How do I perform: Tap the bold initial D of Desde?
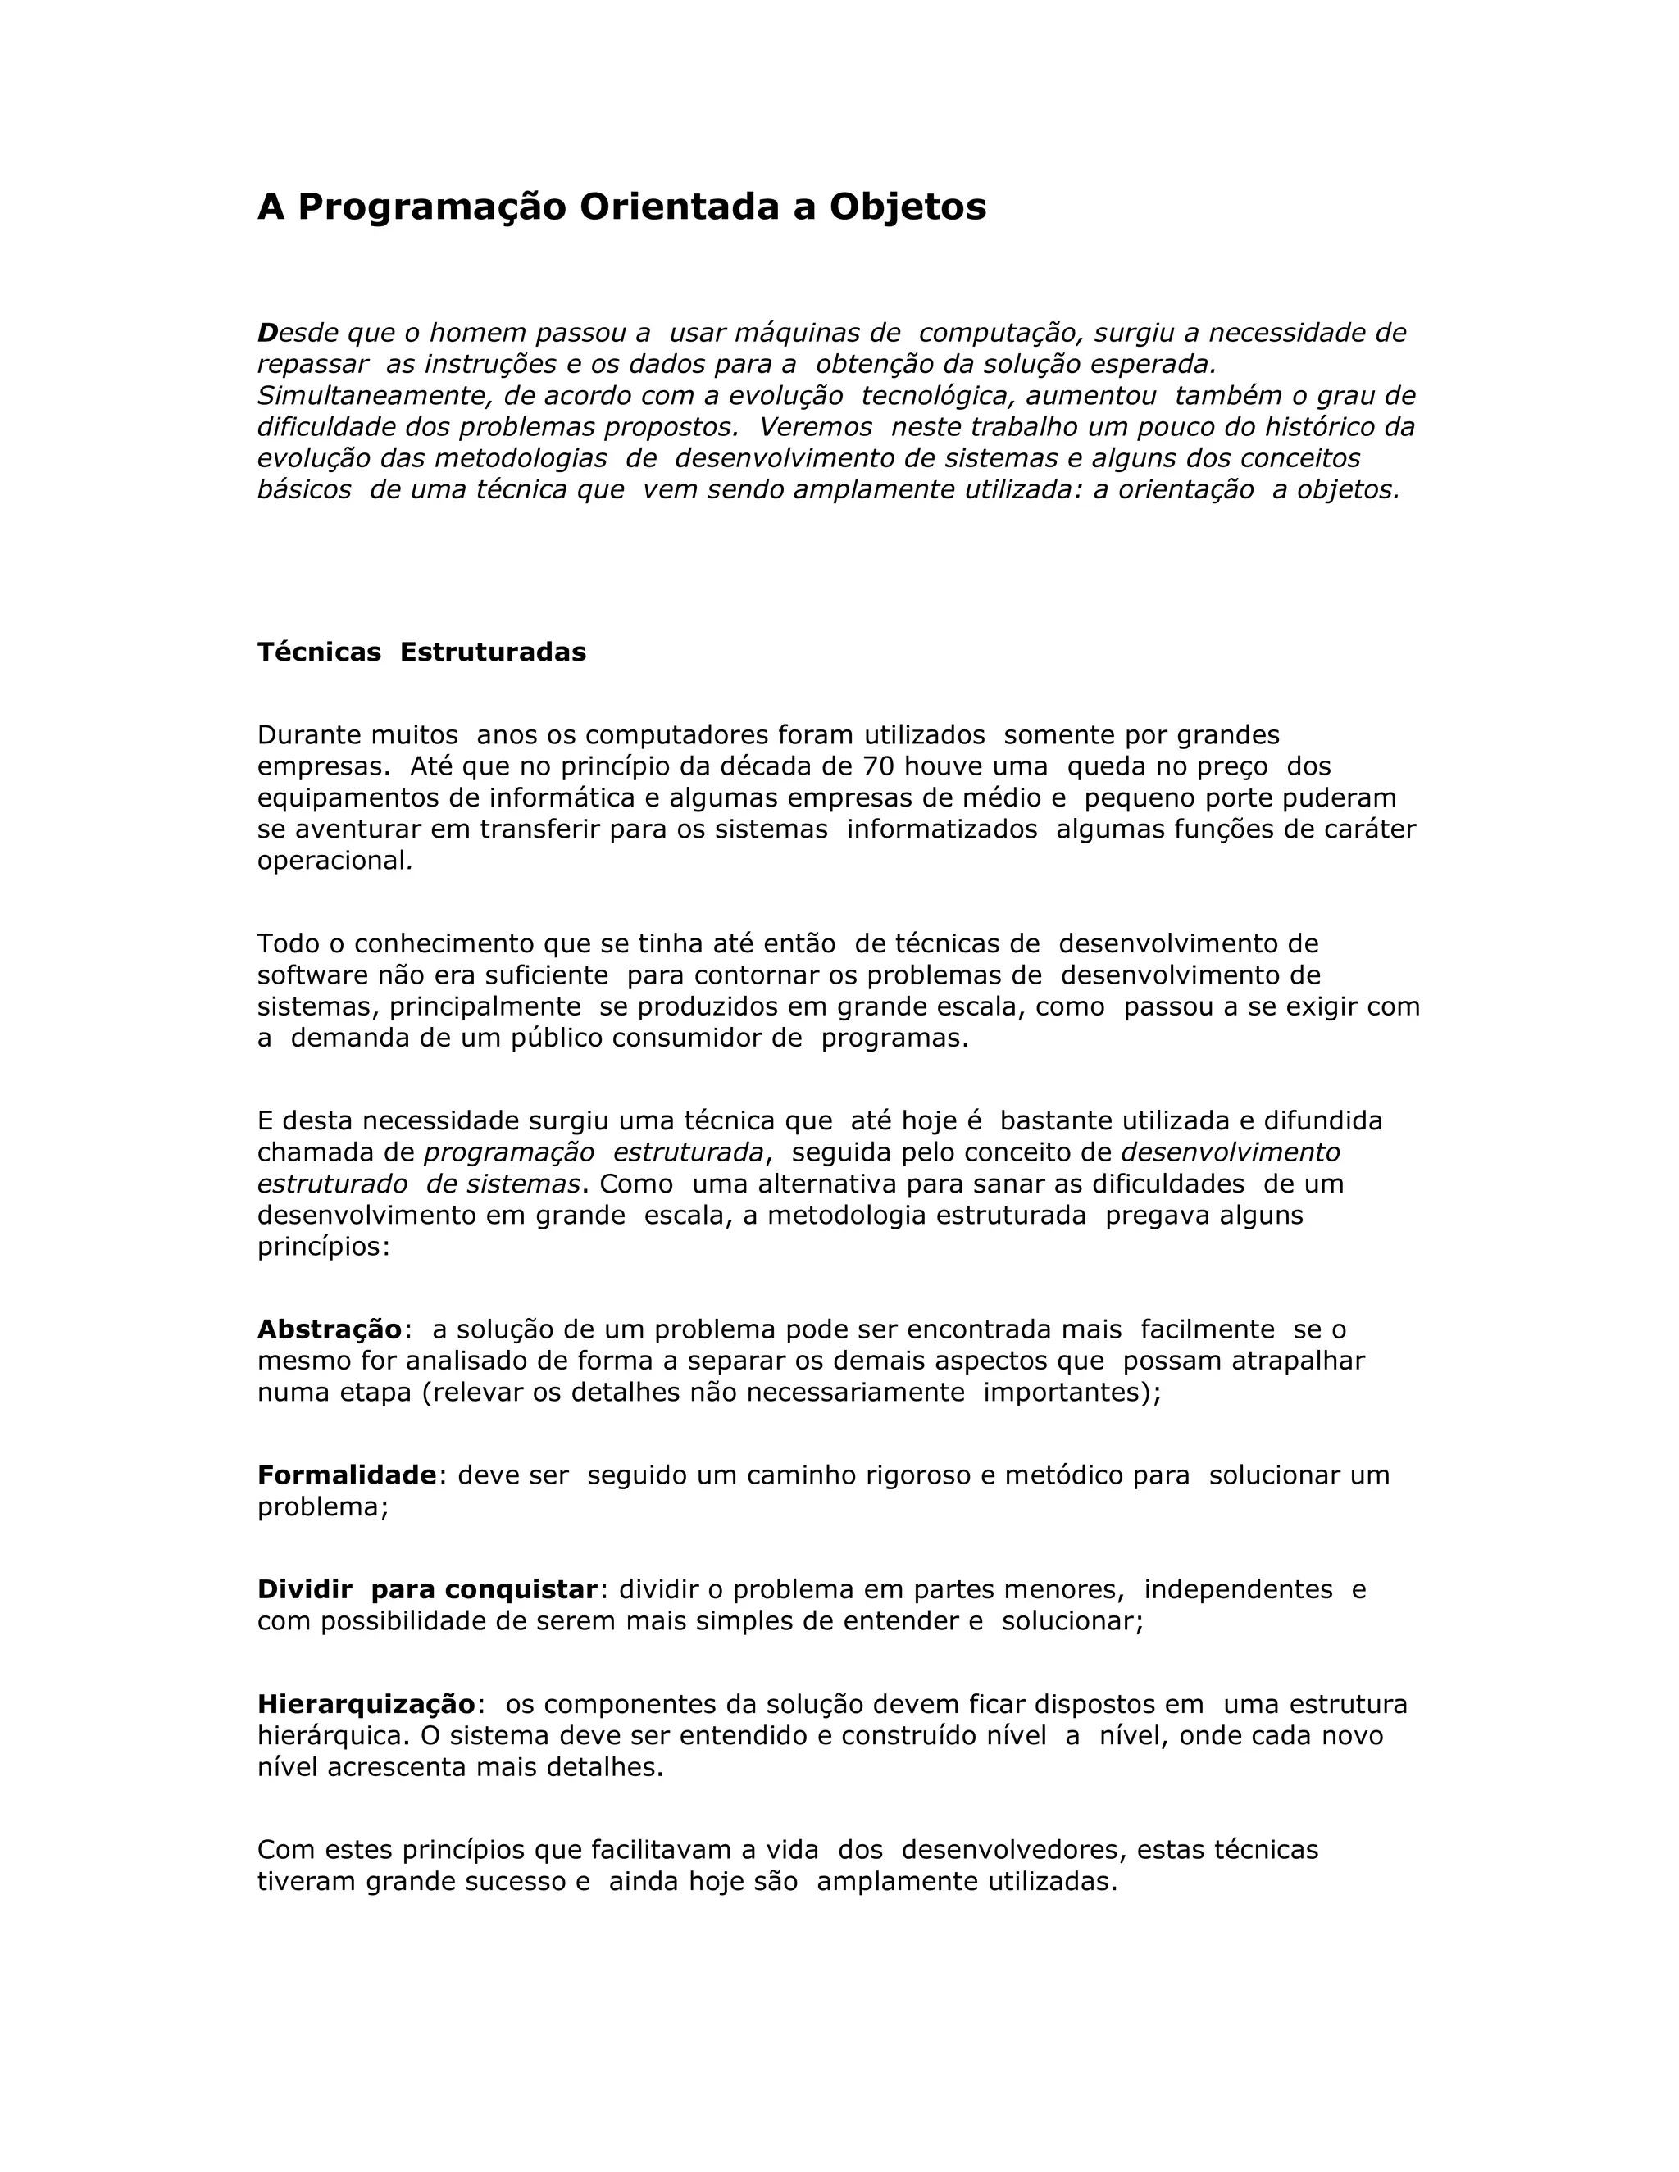point(266,332)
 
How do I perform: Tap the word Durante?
point(307,735)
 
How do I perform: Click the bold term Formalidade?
point(346,1475)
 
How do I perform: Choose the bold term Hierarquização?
point(366,1704)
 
